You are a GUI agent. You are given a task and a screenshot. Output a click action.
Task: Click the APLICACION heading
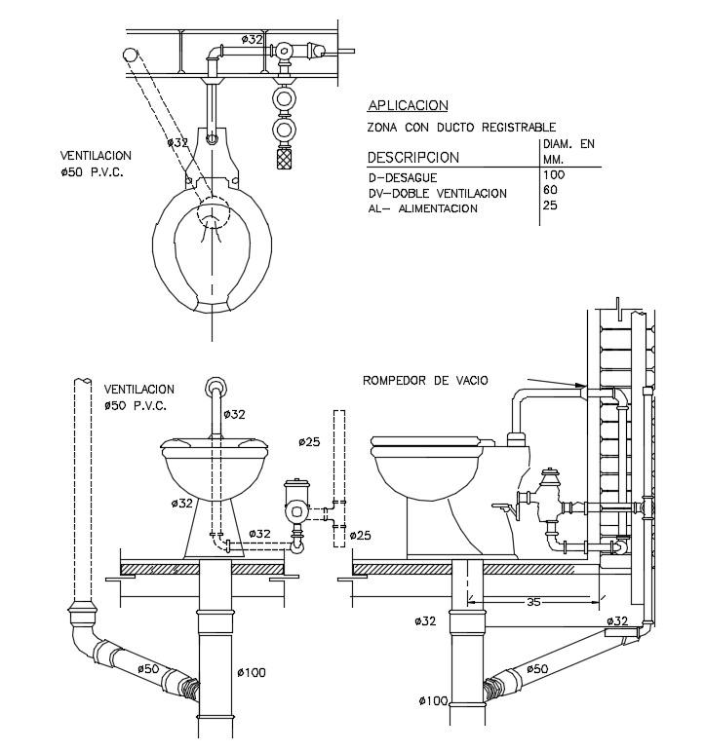(x=408, y=105)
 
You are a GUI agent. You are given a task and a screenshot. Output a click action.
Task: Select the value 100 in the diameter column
(x=554, y=174)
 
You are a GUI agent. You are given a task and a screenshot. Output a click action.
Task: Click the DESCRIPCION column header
(x=412, y=157)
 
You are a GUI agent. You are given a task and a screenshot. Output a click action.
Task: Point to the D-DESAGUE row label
(x=402, y=178)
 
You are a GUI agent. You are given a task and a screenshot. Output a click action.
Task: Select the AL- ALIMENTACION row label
(x=422, y=208)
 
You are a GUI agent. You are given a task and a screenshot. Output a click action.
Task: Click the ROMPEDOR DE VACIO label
(x=425, y=380)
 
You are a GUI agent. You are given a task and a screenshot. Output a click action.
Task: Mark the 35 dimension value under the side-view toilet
(x=533, y=602)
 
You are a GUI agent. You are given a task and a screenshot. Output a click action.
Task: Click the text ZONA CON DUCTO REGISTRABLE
(x=461, y=128)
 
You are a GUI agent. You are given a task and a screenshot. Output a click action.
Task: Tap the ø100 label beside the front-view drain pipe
(x=251, y=672)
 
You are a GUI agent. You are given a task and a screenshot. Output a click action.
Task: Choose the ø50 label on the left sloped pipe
(x=147, y=668)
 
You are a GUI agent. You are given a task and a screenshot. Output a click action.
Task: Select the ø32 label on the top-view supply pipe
(x=252, y=39)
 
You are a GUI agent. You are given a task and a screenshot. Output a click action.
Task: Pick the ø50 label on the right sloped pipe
(x=539, y=668)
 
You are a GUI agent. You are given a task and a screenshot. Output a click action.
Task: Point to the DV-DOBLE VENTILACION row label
(x=437, y=194)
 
